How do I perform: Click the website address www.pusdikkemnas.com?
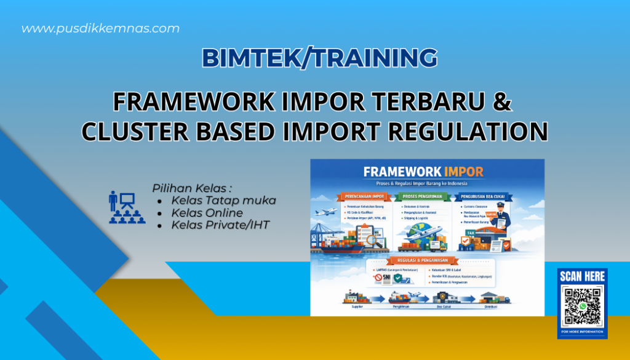pos(100,28)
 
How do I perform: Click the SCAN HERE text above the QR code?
pos(582,277)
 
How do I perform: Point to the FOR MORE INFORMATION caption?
pos(582,332)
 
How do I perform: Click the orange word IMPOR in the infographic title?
pos(461,172)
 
